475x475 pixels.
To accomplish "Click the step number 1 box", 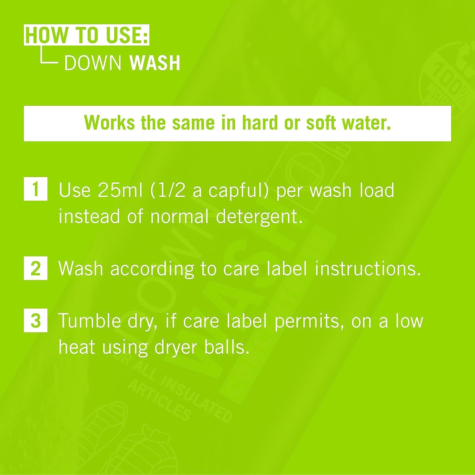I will coord(35,189).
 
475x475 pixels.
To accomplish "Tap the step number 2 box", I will coord(35,268).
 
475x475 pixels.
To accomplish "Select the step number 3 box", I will coord(35,320).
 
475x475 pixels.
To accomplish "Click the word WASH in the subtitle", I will coord(155,63).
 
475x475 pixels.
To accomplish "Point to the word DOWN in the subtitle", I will coord(93,63).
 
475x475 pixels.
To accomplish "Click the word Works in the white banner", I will coord(109,123).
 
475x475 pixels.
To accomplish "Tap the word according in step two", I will coord(152,269).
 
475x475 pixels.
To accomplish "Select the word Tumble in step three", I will coord(89,321).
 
